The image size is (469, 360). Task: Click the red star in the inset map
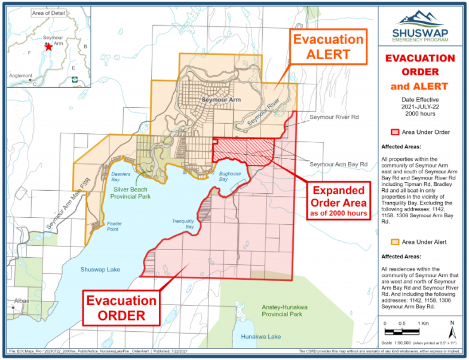point(49,47)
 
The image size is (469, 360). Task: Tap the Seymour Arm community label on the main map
point(221,100)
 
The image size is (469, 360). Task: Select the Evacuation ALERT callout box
point(327,47)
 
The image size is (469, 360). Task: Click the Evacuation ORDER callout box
point(120,308)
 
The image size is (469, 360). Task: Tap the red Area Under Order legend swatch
point(394,132)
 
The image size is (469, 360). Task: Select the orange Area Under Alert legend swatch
point(394,242)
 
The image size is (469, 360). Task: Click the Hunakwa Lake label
point(260,337)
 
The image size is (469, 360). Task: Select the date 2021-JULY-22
point(419,106)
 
